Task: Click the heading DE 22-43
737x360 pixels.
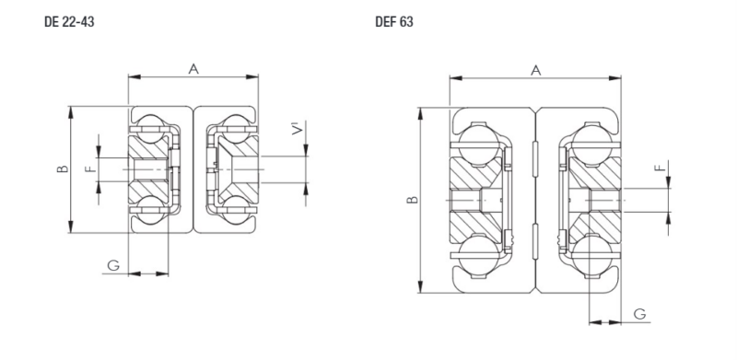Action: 69,21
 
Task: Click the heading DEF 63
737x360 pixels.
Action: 394,21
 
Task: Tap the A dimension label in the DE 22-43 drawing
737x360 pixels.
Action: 193,69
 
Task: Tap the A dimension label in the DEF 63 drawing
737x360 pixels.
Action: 536,71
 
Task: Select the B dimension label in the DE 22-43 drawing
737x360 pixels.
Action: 63,168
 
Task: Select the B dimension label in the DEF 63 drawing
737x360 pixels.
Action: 412,200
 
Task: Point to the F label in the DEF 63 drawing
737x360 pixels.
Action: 661,167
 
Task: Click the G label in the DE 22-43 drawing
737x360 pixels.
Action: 113,266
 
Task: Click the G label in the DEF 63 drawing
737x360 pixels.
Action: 639,314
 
